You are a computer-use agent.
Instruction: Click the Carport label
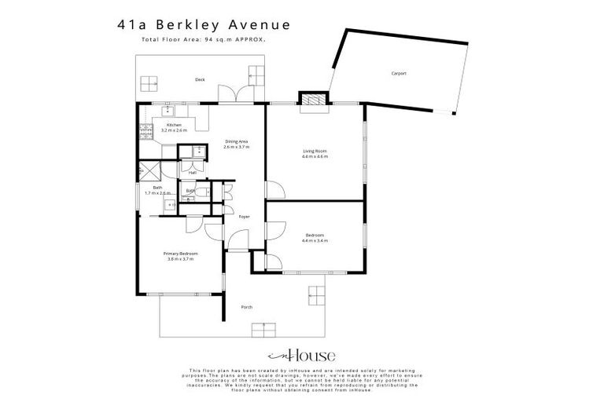pyautogui.click(x=399, y=74)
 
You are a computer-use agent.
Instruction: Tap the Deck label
pyautogui.click(x=201, y=79)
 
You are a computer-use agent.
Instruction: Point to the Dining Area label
pyautogui.click(x=236, y=141)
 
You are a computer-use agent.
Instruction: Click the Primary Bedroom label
pyautogui.click(x=180, y=254)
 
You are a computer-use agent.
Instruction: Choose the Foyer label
pyautogui.click(x=244, y=216)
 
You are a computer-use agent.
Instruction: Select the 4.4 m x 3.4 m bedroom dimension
pyautogui.click(x=315, y=240)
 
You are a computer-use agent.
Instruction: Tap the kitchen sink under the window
pyautogui.click(x=168, y=111)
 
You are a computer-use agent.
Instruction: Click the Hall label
pyautogui.click(x=192, y=173)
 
